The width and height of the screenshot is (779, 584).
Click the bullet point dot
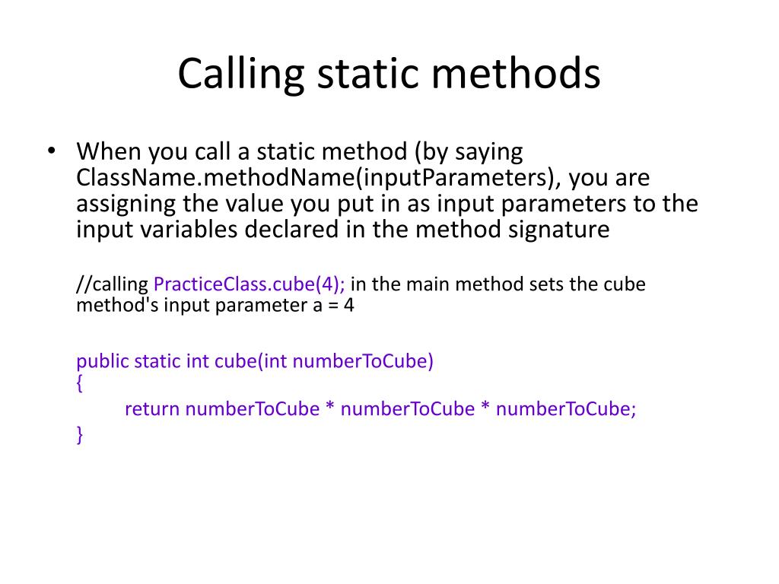tap(51, 150)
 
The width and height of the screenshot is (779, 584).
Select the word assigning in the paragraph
tap(126, 205)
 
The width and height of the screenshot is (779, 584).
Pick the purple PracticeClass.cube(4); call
tap(250, 284)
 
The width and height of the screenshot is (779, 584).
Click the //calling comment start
tap(113, 285)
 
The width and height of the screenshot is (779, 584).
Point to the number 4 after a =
tap(348, 305)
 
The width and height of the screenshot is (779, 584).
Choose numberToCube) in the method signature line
tap(363, 361)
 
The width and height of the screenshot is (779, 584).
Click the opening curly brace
tap(79, 383)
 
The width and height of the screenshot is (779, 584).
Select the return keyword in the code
tap(152, 409)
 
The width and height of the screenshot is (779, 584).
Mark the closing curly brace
tap(79, 434)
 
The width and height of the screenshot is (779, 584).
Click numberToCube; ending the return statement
tap(566, 409)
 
